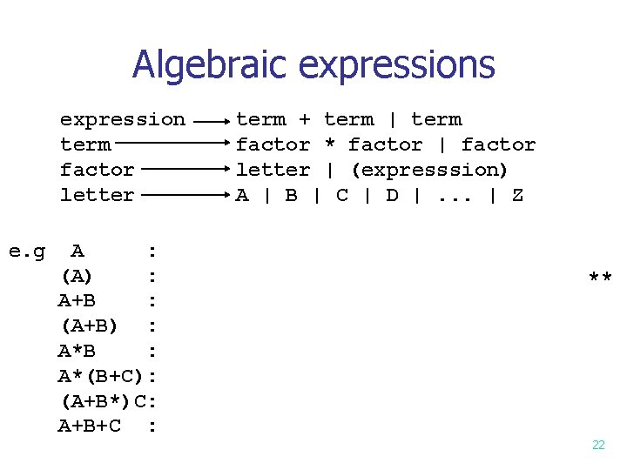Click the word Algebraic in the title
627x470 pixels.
(x=210, y=65)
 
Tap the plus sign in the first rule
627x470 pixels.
(x=305, y=119)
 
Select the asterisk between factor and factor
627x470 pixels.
(x=330, y=144)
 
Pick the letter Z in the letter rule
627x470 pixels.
(x=517, y=195)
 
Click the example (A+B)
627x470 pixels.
(x=89, y=327)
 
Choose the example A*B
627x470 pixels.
(x=77, y=352)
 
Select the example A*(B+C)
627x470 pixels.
(x=101, y=377)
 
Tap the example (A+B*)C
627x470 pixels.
(x=101, y=402)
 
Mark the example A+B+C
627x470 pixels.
(x=89, y=427)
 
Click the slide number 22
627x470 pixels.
(x=598, y=445)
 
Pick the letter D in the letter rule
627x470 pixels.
(x=393, y=195)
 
